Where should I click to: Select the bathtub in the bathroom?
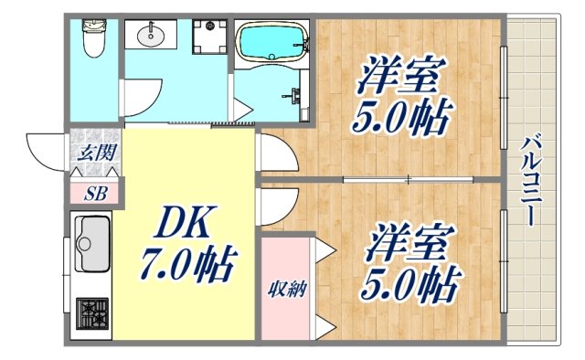[x=271, y=42]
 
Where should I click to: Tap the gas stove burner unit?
[x=91, y=314]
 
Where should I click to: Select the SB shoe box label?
[x=94, y=193]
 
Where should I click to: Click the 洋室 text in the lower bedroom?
[x=409, y=244]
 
